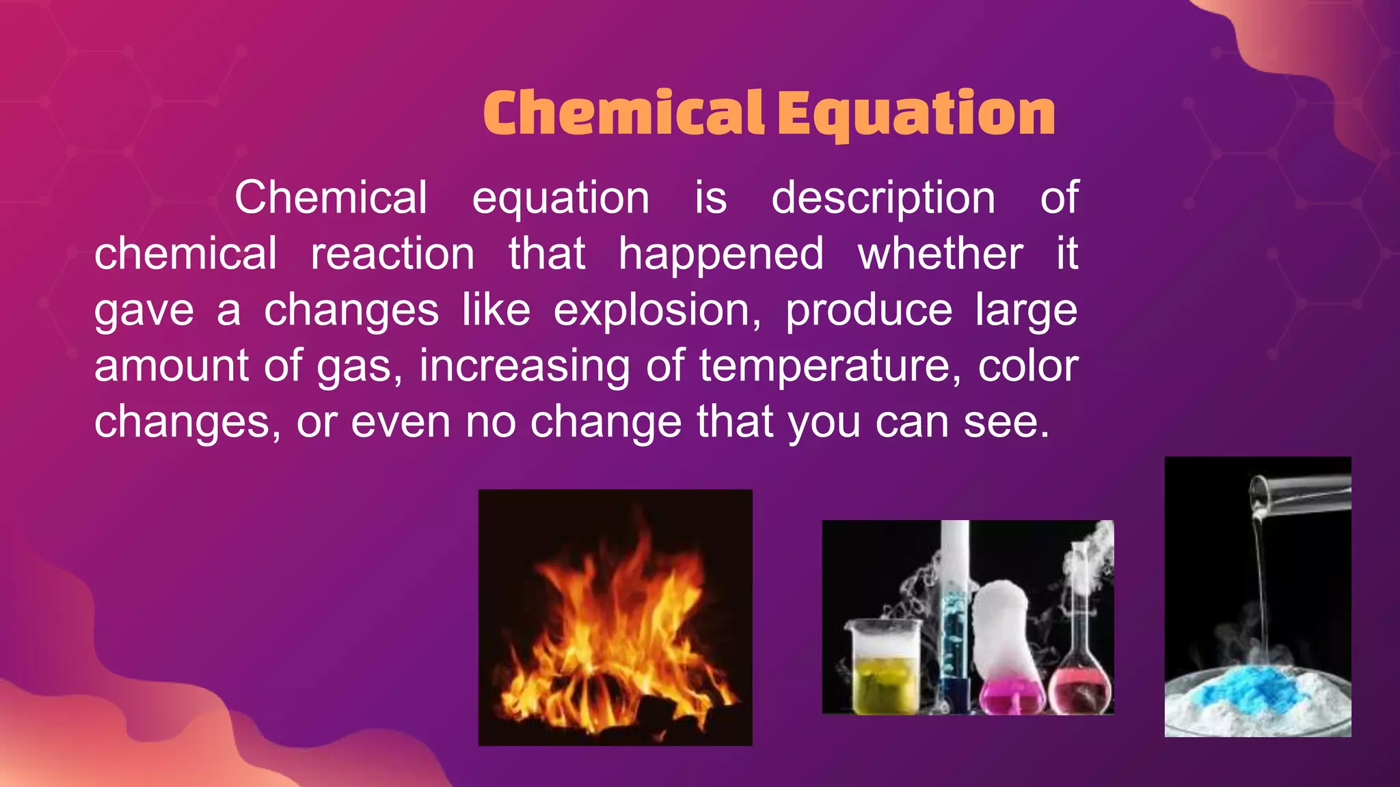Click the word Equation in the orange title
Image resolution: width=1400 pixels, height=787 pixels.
(x=916, y=114)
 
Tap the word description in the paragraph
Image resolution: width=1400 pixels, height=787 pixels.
(x=883, y=198)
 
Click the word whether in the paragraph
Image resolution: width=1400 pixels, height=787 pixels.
(x=941, y=254)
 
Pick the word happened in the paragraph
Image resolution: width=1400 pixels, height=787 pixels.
(x=721, y=254)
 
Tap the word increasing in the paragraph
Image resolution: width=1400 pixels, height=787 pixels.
(x=524, y=366)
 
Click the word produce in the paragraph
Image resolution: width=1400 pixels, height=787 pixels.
(x=869, y=310)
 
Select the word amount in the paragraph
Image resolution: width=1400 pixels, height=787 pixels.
(x=171, y=366)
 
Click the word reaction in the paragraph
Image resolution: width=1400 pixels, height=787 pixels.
(x=393, y=254)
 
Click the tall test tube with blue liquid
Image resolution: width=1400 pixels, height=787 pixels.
(x=954, y=615)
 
